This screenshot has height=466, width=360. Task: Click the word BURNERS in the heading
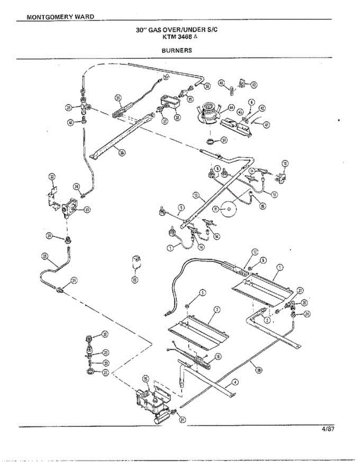click(x=177, y=50)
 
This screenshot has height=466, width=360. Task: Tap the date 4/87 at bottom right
click(x=328, y=429)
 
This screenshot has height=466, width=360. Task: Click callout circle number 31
click(x=224, y=140)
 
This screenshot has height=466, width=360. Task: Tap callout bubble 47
click(x=254, y=84)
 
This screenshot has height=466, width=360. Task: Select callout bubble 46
click(x=221, y=83)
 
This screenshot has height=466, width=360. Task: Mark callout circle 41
click(x=266, y=125)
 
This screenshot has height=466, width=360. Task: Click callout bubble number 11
click(x=216, y=209)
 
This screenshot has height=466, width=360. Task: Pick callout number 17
click(x=254, y=252)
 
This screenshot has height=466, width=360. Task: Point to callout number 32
click(x=52, y=177)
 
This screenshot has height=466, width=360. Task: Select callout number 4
click(x=234, y=383)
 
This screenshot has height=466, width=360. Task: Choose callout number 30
click(x=105, y=334)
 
